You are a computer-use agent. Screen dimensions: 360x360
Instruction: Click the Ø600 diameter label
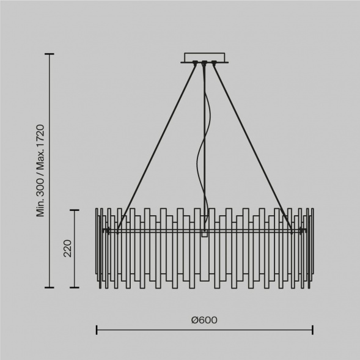click(204, 320)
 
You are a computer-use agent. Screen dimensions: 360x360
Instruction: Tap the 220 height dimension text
click(67, 248)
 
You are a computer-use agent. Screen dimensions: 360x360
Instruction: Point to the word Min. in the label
click(40, 207)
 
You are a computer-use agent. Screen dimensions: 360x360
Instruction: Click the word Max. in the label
click(40, 160)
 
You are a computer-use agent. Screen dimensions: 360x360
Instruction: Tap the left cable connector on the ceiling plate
click(195, 62)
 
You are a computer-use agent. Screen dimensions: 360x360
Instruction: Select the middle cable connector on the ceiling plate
click(204, 62)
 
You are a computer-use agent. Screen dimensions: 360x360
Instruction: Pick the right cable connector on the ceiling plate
click(214, 62)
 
